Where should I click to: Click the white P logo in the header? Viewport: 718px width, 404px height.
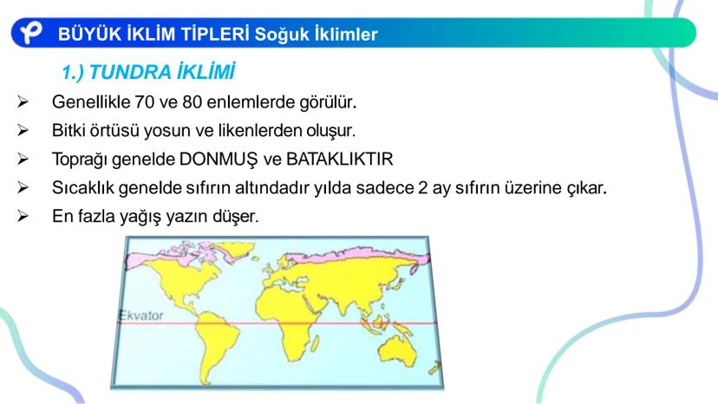(x=30, y=33)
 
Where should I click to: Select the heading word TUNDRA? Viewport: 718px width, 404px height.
(x=130, y=72)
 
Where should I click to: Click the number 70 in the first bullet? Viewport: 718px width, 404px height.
(x=144, y=101)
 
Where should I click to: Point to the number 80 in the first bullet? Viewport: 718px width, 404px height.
(x=193, y=101)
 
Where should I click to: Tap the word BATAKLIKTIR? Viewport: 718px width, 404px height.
(x=339, y=159)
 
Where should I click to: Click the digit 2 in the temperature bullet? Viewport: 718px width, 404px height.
(x=422, y=188)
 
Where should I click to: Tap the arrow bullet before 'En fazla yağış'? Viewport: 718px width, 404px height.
(x=23, y=216)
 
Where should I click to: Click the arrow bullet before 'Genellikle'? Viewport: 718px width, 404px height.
(x=23, y=101)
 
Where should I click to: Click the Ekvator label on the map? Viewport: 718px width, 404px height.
(x=141, y=316)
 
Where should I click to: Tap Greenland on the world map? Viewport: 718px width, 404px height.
(x=236, y=251)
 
